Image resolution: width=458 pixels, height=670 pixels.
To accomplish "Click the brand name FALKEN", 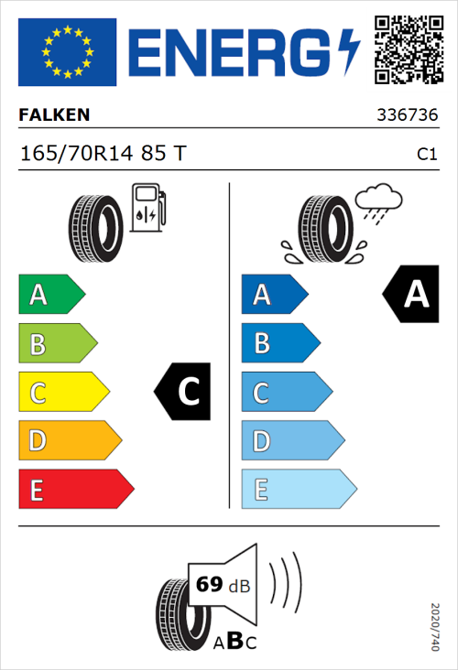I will [54, 115].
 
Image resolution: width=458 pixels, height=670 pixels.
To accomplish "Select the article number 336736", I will [407, 116].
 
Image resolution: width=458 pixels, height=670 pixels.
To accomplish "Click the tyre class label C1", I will [426, 155].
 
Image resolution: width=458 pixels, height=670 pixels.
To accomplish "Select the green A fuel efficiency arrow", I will [50, 295].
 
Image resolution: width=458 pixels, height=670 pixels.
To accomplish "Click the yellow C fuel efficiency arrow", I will [62, 393].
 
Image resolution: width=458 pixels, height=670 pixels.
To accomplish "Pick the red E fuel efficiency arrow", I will [75, 490].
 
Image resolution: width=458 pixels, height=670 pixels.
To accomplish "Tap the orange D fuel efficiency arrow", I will [69, 441].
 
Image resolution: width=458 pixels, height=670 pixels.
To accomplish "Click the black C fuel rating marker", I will [183, 392].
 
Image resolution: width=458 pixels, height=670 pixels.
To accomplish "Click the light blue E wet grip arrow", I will [297, 490].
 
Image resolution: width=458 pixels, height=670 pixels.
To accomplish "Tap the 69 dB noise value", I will [223, 585].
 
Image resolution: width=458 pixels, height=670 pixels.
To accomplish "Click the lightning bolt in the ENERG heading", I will [349, 51].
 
